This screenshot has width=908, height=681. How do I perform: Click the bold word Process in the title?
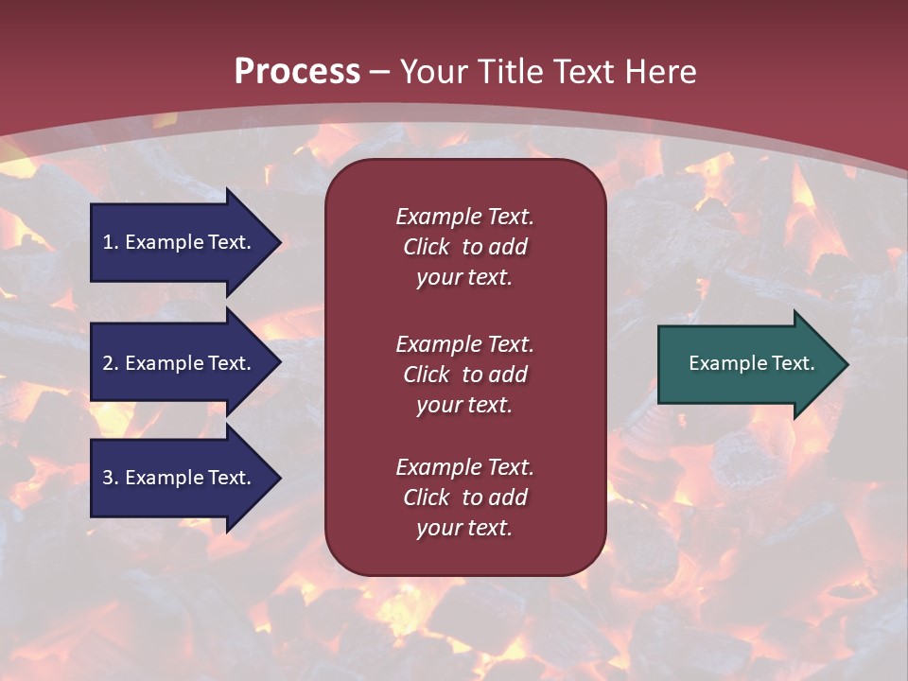[297, 72]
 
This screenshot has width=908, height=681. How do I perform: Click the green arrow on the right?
[747, 363]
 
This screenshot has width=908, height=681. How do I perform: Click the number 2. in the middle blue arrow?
[111, 363]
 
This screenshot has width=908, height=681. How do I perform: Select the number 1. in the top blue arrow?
[110, 242]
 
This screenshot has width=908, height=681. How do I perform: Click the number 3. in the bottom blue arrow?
[111, 478]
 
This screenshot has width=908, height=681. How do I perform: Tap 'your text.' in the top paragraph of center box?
[464, 277]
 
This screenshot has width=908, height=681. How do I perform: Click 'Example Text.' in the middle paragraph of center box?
[464, 344]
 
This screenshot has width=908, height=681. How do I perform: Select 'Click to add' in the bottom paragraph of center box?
[464, 498]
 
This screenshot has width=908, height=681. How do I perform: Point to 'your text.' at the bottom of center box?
[464, 528]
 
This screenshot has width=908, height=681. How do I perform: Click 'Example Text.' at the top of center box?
[464, 217]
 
